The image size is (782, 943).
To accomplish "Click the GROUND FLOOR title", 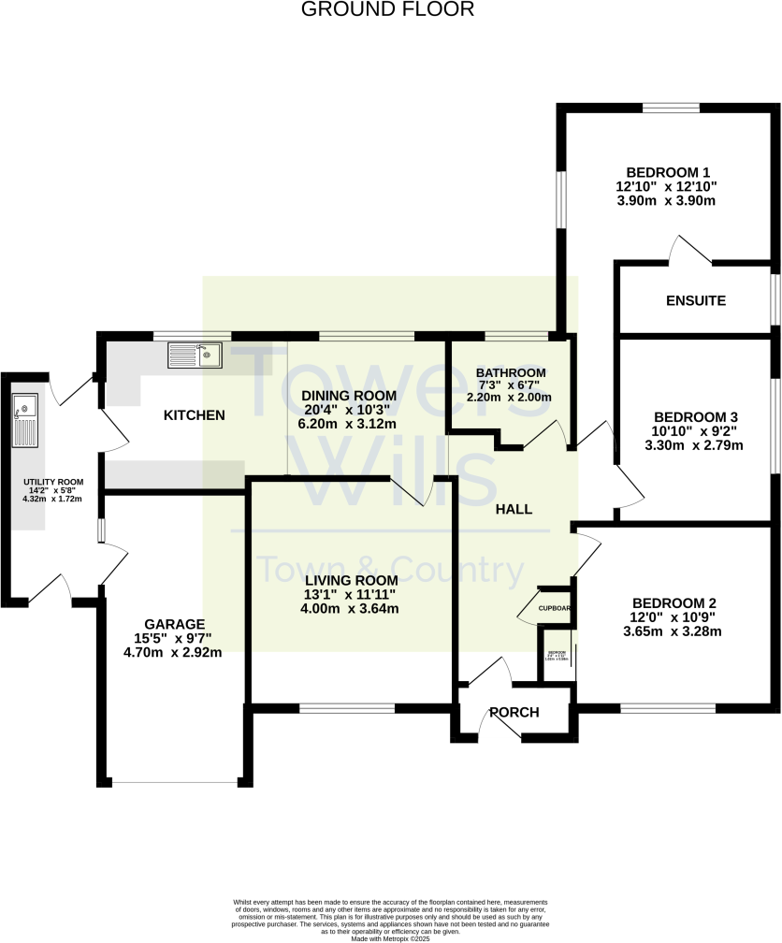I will click(x=388, y=10).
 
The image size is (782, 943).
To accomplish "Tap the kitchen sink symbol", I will click(x=195, y=355).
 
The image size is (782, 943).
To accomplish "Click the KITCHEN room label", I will click(x=195, y=414).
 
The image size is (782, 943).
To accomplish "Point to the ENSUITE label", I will click(x=696, y=300).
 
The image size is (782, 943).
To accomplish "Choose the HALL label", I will click(x=514, y=509).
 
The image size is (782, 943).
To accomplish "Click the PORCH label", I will click(x=514, y=712).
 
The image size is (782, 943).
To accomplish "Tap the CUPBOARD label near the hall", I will click(x=555, y=607).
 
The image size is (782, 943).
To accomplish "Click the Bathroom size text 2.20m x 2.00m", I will click(x=509, y=397).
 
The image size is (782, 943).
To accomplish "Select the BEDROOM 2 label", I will click(x=673, y=602).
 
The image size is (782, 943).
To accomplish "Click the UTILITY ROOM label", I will click(x=53, y=483).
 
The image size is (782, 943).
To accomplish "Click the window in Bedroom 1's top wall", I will click(x=671, y=108).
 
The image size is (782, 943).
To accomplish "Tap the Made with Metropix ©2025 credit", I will click(x=390, y=937).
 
